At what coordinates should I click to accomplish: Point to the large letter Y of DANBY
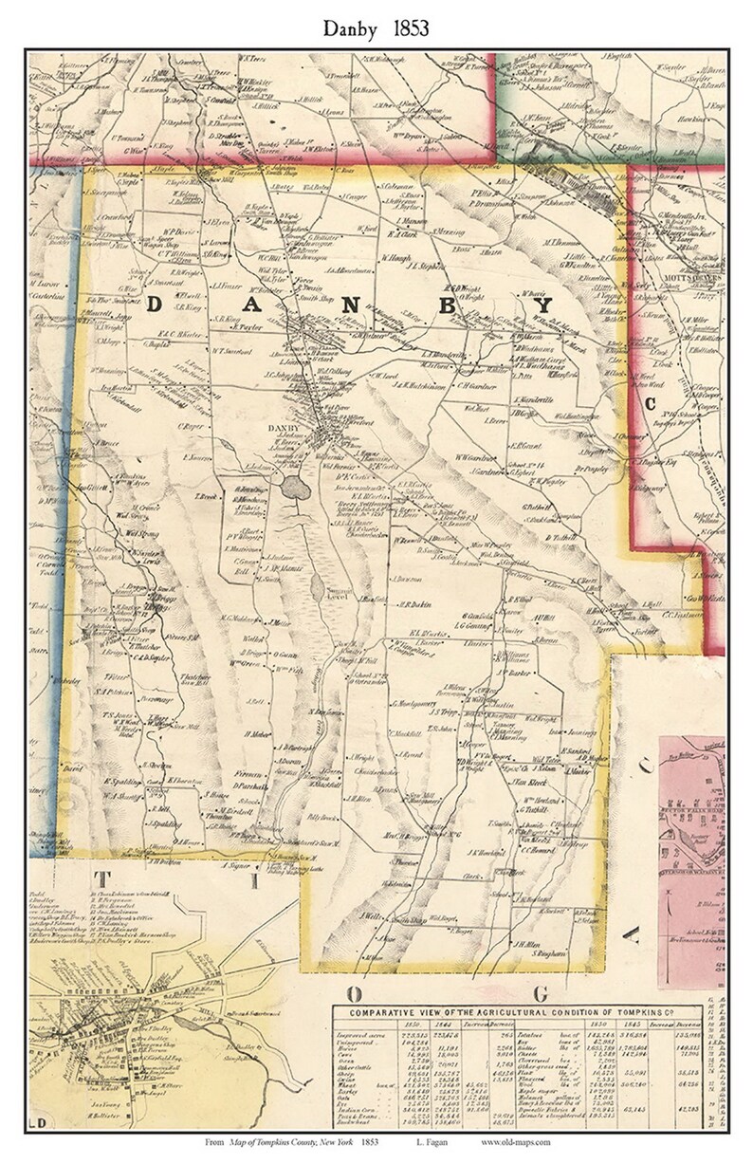click(543, 305)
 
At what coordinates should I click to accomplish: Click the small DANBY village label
click(283, 430)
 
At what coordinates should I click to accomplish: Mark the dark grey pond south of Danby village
click(294, 489)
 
